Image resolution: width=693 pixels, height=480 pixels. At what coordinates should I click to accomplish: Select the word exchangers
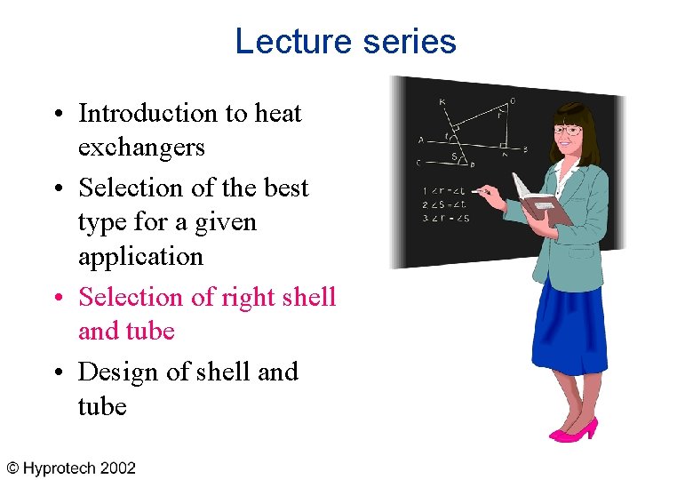141,148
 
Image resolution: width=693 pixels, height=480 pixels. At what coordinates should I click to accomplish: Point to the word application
140,257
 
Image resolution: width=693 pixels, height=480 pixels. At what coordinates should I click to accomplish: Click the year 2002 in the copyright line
117,468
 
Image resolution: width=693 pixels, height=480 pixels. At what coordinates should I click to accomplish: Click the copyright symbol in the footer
13,468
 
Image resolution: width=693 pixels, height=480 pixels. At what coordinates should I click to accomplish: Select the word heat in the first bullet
278,114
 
